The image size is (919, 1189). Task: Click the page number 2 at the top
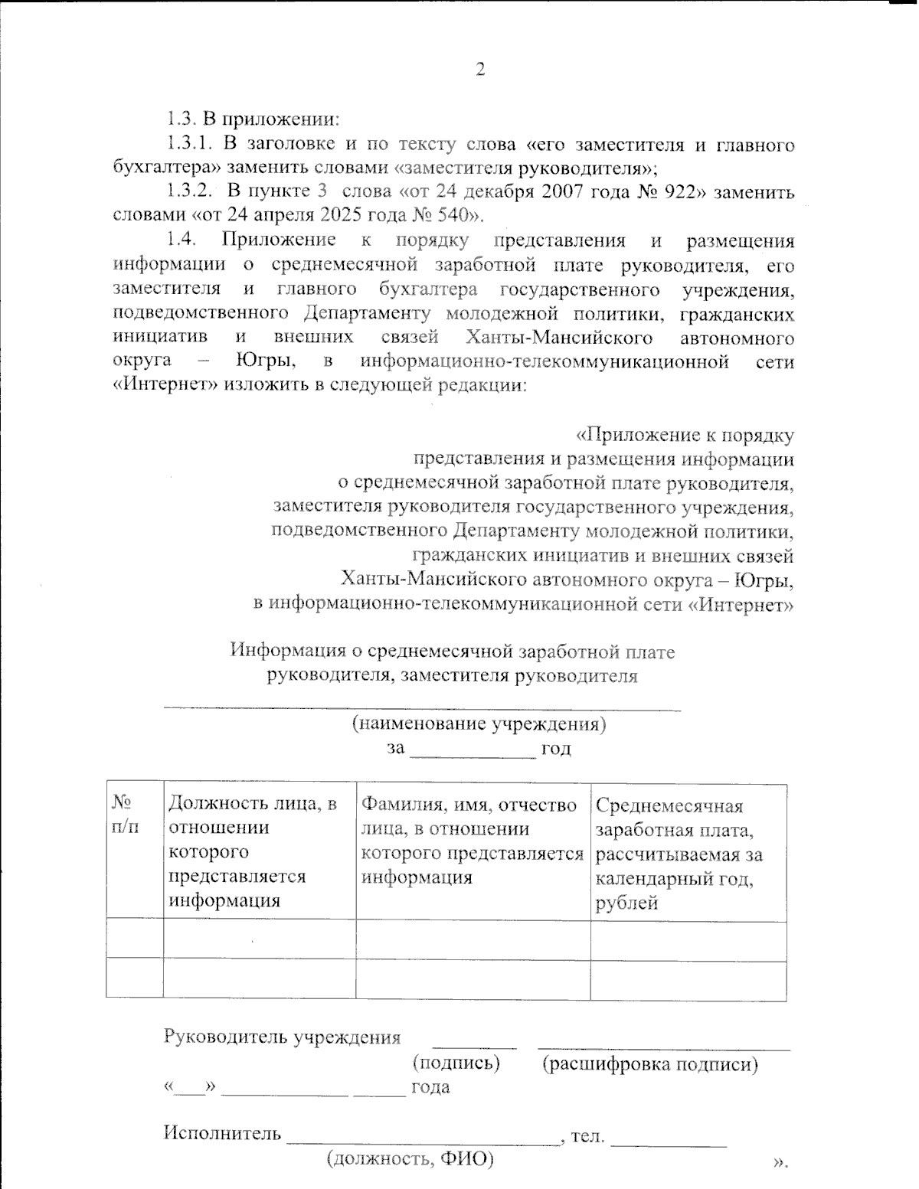tap(481, 70)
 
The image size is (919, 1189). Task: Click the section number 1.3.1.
tap(189, 143)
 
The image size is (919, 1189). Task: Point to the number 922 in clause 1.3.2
tap(680, 191)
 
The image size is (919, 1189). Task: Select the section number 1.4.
tap(182, 240)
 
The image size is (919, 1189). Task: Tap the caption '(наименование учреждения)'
tap(479, 724)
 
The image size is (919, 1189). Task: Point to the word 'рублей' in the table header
tap(626, 903)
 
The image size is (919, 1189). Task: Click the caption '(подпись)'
tap(456, 1063)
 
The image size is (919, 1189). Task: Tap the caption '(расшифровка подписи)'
tap(650, 1063)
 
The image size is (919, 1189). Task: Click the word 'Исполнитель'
tap(222, 1133)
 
